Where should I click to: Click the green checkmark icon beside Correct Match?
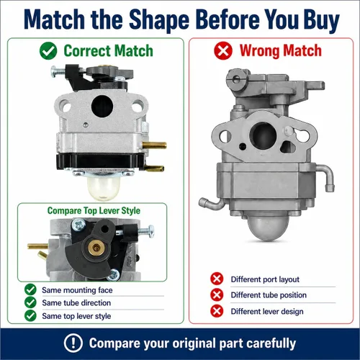pyautogui.click(x=48, y=50)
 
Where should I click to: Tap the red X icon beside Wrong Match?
pyautogui.click(x=223, y=50)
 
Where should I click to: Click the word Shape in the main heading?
pyautogui.click(x=159, y=19)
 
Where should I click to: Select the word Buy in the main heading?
pyautogui.click(x=321, y=19)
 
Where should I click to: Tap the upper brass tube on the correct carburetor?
pyautogui.click(x=154, y=145)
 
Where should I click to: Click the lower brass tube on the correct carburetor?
pyautogui.click(x=155, y=168)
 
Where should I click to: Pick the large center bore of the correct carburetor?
pyautogui.click(x=102, y=106)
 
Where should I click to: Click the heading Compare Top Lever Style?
pyautogui.click(x=94, y=211)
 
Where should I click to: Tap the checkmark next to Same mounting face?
pyautogui.click(x=30, y=289)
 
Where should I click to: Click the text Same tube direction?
pyautogui.click(x=76, y=303)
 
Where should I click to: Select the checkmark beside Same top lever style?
pyautogui.click(x=30, y=315)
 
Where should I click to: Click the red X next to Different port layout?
pyautogui.click(x=217, y=279)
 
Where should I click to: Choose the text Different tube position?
pyautogui.click(x=269, y=295)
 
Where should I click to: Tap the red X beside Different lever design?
pyautogui.click(x=217, y=311)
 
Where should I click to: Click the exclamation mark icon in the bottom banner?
pyautogui.click(x=73, y=343)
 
